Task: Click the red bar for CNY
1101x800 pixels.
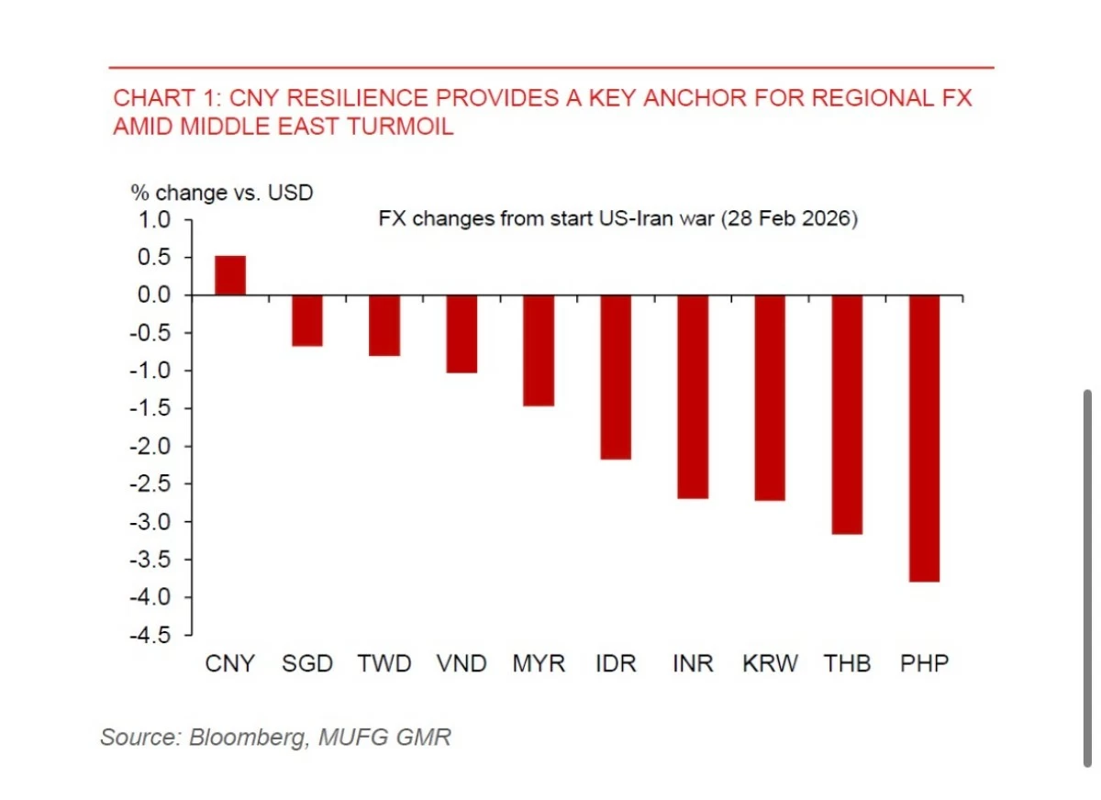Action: (229, 275)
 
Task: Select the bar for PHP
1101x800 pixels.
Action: (924, 438)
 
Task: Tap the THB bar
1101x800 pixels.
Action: (847, 414)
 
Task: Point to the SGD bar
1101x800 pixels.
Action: (306, 320)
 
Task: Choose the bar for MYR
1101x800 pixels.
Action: (539, 350)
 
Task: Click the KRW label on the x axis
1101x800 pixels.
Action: (770, 663)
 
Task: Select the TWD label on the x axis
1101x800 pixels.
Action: (384, 663)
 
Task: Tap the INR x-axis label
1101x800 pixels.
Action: (693, 663)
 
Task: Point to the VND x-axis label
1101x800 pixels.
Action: (462, 663)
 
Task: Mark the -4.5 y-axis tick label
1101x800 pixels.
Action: (152, 635)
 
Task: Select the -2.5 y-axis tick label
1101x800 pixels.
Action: (152, 484)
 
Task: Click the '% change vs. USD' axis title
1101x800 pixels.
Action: (221, 193)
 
